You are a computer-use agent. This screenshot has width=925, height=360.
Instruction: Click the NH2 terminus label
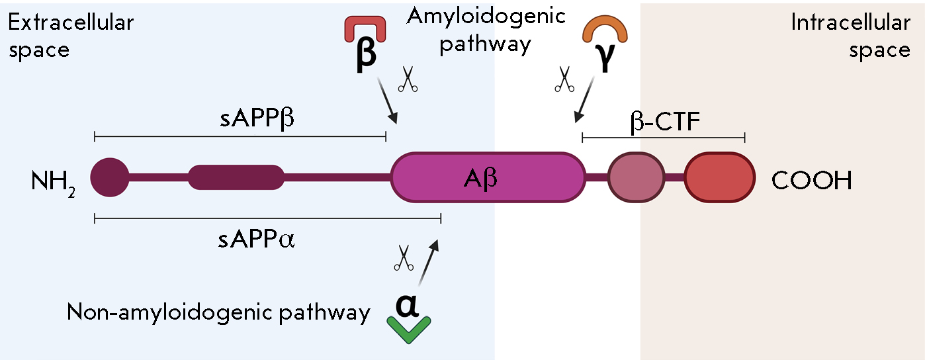click(x=53, y=181)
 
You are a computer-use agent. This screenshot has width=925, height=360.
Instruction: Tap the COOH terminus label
click(x=811, y=181)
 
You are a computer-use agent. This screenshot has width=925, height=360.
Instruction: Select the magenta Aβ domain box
click(x=488, y=177)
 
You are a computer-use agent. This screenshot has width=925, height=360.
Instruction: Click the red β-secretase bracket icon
click(x=365, y=32)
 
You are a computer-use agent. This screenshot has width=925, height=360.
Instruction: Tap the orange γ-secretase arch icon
click(x=603, y=30)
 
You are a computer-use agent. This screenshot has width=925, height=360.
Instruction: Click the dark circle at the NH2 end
click(x=110, y=177)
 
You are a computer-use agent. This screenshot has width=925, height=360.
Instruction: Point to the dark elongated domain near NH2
click(x=236, y=177)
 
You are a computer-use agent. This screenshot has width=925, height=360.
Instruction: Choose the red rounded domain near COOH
click(x=719, y=177)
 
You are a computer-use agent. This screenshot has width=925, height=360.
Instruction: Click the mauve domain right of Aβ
click(x=636, y=177)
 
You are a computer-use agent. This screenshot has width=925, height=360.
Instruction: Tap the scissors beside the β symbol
click(x=408, y=80)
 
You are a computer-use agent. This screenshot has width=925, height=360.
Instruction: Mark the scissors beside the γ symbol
click(x=564, y=79)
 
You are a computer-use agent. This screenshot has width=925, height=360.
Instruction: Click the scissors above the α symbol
click(x=403, y=257)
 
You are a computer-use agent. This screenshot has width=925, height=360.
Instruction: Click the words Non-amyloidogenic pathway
click(x=218, y=312)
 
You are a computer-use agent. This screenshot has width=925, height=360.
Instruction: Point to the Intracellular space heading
click(x=850, y=36)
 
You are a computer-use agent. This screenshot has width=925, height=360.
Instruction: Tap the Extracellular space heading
click(x=70, y=36)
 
